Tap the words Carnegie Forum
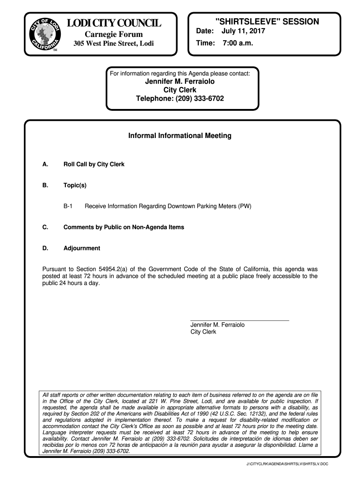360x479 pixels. (114, 35)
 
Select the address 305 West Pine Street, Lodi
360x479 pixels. (114, 44)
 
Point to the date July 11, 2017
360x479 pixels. (243, 31)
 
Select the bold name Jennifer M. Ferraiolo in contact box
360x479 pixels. (180, 81)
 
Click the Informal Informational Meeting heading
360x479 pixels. (180, 136)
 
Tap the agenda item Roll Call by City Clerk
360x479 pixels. (94, 165)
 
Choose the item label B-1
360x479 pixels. (68, 206)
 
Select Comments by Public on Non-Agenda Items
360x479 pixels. (124, 227)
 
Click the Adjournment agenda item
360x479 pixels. (82, 248)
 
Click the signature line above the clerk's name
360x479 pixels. (240, 320)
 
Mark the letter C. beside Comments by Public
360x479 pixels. (45, 227)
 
